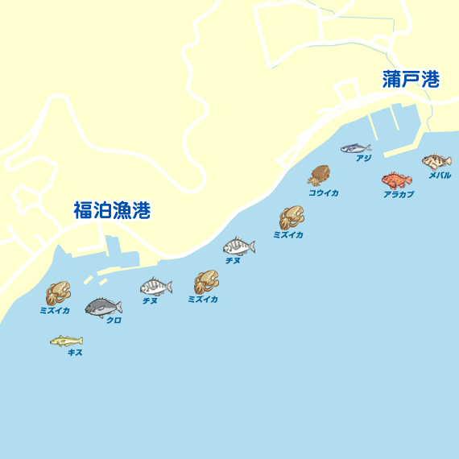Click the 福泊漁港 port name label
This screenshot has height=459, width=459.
[112, 212]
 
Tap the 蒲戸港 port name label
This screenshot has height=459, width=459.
[411, 79]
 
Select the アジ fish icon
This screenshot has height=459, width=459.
[354, 148]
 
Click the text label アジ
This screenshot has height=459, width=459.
[363, 159]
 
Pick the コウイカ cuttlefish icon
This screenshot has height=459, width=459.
[319, 176]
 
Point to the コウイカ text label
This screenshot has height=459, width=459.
[323, 193]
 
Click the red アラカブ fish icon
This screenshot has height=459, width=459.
[396, 180]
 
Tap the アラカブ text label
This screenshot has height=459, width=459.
[399, 195]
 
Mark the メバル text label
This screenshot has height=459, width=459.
[440, 176]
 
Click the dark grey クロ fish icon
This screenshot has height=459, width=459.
[103, 307]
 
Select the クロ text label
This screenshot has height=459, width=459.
[114, 320]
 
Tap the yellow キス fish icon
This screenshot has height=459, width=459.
[66, 341]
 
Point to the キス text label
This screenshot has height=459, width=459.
[75, 353]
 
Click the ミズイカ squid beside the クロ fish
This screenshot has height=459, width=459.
[58, 293]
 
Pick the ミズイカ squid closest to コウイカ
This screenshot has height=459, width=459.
[291, 217]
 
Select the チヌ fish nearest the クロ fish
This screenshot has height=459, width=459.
[155, 286]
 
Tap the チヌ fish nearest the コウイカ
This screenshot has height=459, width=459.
[238, 246]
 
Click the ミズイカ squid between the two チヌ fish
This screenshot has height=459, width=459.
[205, 282]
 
